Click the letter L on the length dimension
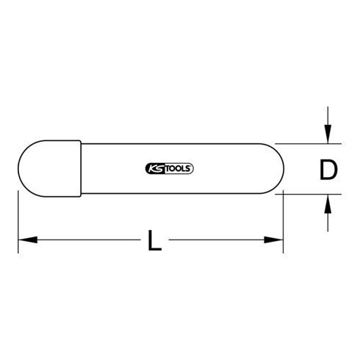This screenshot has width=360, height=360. (x=154, y=240)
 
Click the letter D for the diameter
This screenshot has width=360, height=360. (x=328, y=170)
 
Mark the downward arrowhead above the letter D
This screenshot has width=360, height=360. (x=328, y=135)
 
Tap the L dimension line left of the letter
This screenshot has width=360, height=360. (x=81, y=240)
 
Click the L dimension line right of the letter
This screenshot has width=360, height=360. (x=220, y=240)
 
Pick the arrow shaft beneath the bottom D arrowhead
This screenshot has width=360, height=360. (x=328, y=220)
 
